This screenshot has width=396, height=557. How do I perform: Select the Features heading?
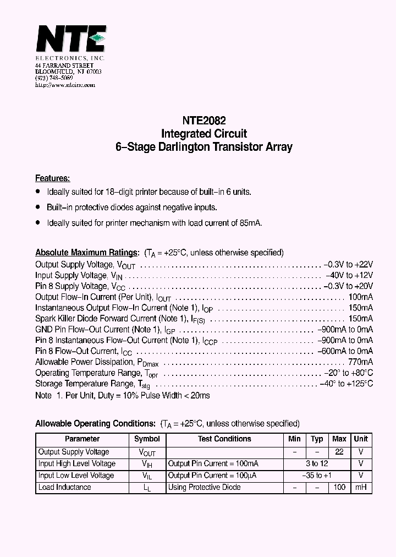click(52, 178)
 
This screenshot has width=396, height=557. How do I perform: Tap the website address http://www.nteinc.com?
click(65, 85)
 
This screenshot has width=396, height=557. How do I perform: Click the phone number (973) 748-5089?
click(54, 79)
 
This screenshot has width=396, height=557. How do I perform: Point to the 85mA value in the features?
click(251, 223)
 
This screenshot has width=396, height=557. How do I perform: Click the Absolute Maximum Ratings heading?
click(87, 253)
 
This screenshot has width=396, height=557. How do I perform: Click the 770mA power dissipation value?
click(360, 362)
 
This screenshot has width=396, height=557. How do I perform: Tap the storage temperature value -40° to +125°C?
click(346, 384)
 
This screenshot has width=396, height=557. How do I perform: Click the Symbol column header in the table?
click(147, 439)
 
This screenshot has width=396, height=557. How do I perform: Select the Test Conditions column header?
click(224, 439)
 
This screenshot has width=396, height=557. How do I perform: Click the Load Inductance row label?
click(64, 488)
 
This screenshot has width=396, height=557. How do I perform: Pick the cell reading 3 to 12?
click(316, 463)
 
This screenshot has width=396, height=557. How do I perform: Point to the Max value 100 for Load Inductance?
click(339, 488)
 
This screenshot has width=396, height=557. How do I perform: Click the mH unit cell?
click(361, 488)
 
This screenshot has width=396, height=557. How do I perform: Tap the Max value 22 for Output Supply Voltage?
click(339, 452)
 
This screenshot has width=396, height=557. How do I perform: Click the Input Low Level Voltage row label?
click(76, 476)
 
